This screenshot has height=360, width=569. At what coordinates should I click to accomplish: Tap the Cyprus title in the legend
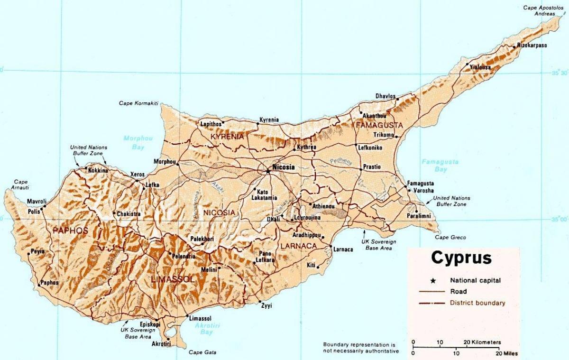tap(461, 258)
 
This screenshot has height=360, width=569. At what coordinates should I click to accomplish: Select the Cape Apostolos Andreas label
tap(540, 10)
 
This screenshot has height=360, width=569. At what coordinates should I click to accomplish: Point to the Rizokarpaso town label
tap(532, 46)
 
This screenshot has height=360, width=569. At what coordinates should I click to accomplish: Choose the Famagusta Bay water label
tap(441, 166)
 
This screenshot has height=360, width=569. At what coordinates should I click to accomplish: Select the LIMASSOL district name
tap(172, 279)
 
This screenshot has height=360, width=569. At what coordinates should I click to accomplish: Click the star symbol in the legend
tap(432, 280)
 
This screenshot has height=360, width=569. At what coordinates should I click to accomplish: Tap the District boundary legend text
tap(477, 303)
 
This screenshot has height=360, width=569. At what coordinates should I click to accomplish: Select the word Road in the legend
tap(459, 291)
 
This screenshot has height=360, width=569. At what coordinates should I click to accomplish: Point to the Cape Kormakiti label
tap(138, 103)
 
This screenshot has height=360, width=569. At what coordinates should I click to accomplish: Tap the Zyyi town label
tap(266, 305)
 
